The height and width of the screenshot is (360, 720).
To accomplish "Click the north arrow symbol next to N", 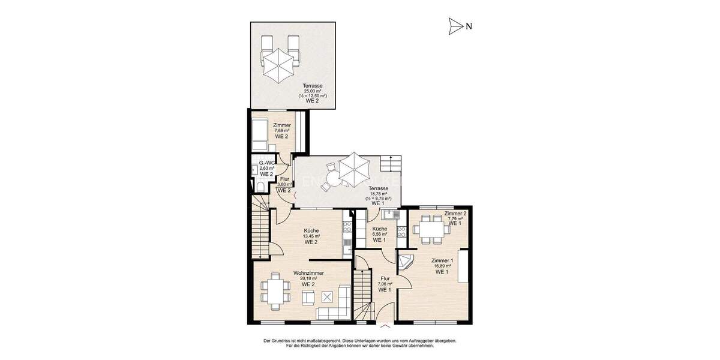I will point(456,25).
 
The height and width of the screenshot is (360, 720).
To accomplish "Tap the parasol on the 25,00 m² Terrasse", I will point(279,65).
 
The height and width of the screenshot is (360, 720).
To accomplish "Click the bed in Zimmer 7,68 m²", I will point(259,135).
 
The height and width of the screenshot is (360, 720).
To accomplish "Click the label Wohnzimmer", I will point(309,273).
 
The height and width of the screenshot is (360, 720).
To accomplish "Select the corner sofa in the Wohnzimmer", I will point(336,307).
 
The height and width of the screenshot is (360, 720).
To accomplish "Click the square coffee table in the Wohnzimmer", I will point(328,296).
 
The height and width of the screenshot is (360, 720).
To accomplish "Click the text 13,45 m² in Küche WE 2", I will point(311,236).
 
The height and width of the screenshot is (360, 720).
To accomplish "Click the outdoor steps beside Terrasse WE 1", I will point(390,163).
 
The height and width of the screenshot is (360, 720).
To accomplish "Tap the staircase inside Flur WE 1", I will point(363,294).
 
